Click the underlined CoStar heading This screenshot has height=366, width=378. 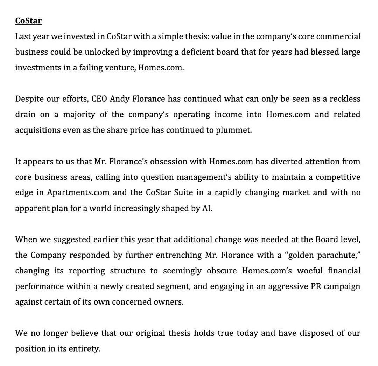pyautogui.click(x=28, y=21)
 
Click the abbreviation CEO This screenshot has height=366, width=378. pyautogui.click(x=99, y=99)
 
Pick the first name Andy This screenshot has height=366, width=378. pyautogui.click(x=120, y=99)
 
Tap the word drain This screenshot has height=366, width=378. pyautogui.click(x=26, y=115)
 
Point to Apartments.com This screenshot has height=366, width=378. pyautogui.click(x=78, y=192)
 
